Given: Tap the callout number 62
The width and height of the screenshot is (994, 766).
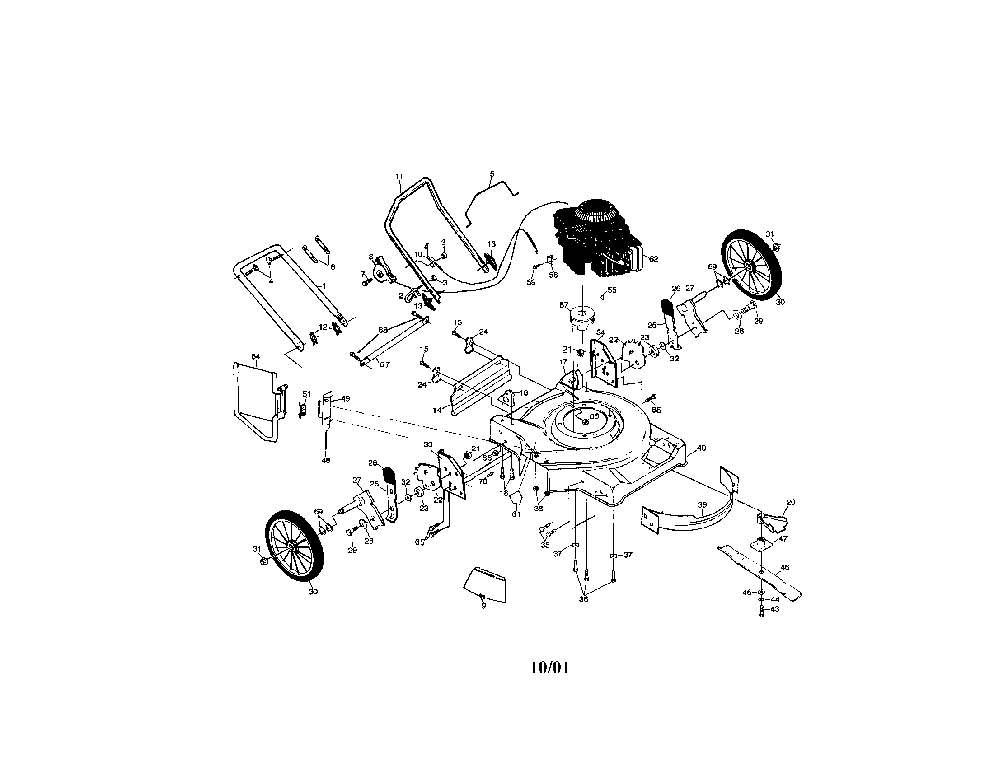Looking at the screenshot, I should [653, 259].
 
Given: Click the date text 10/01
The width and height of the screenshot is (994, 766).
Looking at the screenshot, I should [550, 668].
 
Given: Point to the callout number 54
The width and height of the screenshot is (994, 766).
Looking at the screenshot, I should [255, 356].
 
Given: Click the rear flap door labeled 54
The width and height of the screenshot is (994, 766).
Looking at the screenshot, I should [255, 400].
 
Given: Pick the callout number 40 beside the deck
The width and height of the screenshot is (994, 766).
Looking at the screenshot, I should [701, 448].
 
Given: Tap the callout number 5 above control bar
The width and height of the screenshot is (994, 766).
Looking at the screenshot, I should [492, 174].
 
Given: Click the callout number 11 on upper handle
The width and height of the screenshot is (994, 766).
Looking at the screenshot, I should [399, 177].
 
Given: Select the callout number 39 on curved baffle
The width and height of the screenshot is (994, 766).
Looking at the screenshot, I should [702, 505].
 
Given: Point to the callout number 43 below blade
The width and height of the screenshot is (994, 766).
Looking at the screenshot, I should [774, 609].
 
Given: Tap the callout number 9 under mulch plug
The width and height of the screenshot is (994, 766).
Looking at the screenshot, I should [483, 606].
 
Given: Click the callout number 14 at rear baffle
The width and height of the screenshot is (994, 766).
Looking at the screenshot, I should [437, 410].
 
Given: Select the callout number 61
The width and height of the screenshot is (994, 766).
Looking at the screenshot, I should [516, 514].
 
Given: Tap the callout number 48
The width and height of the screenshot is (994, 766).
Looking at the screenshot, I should [326, 460].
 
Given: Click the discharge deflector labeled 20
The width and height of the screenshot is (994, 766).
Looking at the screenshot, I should [774, 521].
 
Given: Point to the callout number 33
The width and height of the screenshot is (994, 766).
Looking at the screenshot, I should [428, 444].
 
